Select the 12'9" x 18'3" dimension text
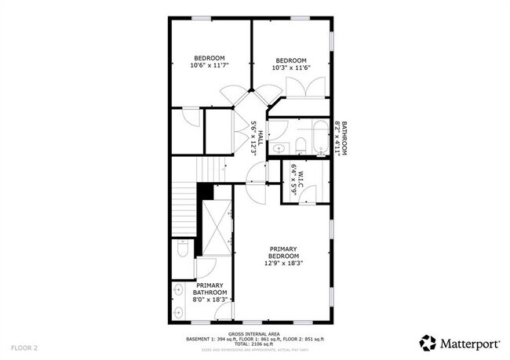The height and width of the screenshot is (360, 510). click(x=283, y=264)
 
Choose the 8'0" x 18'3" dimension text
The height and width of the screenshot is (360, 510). click(x=209, y=299)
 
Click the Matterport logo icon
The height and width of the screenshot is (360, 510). click(x=428, y=343)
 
